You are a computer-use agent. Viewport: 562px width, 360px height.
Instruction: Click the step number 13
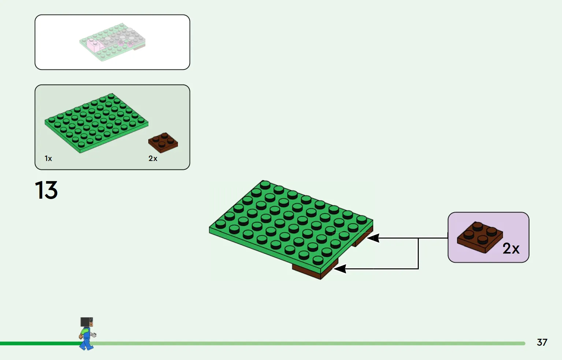click(x=46, y=190)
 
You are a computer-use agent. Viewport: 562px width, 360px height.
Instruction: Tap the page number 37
click(x=542, y=342)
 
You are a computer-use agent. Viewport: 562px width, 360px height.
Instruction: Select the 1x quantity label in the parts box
click(x=48, y=158)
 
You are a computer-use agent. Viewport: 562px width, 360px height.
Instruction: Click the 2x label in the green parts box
click(x=153, y=158)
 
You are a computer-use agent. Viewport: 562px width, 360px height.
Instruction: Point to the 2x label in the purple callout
click(x=511, y=248)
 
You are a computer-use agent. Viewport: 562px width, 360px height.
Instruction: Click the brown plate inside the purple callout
click(x=480, y=237)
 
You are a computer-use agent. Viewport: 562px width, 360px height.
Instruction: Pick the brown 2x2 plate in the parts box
click(x=163, y=143)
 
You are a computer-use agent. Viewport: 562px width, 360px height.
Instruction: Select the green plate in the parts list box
click(x=96, y=123)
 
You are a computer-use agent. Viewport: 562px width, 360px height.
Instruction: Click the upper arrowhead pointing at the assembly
click(x=373, y=238)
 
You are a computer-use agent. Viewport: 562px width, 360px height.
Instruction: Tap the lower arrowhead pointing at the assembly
click(x=340, y=269)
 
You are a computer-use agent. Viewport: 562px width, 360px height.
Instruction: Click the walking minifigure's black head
click(x=86, y=322)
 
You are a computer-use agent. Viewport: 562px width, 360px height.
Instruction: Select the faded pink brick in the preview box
click(x=93, y=45)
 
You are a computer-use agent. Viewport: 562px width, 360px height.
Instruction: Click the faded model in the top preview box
click(x=112, y=42)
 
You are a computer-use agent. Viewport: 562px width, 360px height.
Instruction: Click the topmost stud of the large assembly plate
click(x=265, y=185)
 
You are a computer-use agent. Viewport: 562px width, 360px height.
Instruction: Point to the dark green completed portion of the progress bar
click(x=40, y=344)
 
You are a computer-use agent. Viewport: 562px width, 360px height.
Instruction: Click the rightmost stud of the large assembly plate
click(x=361, y=220)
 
